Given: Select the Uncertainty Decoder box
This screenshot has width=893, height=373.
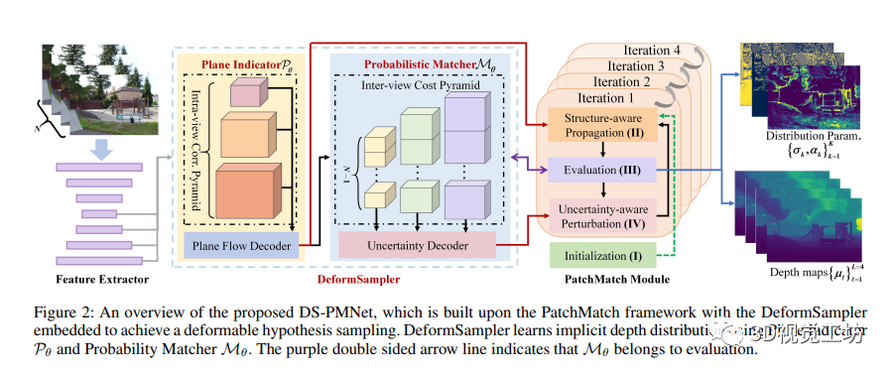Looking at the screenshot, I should pos(417,244).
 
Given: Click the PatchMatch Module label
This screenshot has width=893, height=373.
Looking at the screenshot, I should pos(605,281).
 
